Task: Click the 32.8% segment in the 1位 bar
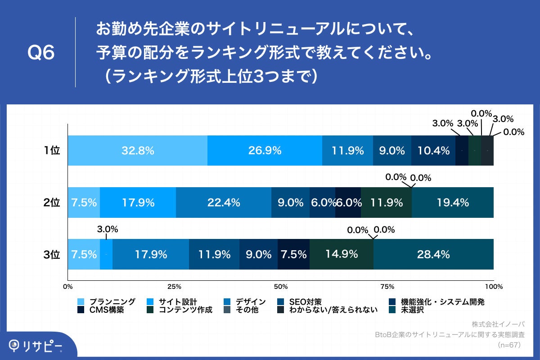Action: point(137,151)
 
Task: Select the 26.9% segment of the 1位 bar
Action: point(265,151)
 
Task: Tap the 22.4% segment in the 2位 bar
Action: point(223,202)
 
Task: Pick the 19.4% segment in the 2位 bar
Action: point(452,202)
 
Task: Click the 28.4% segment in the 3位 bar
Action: point(433,254)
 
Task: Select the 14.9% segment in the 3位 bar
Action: point(341,254)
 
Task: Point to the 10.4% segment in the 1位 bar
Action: point(433,151)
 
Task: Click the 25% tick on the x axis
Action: point(174,286)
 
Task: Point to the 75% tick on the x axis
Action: point(387,286)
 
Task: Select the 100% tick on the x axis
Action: point(494,286)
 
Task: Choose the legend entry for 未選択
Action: point(412,310)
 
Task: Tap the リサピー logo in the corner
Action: point(36,346)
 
